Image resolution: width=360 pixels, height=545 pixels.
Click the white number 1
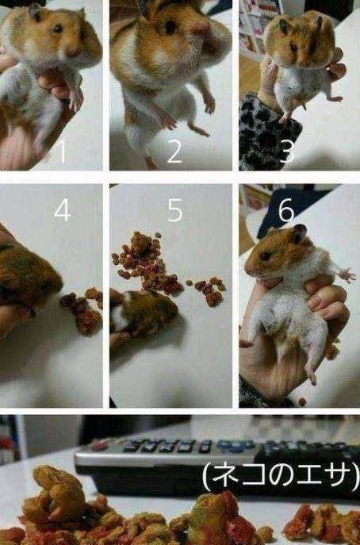[63, 152]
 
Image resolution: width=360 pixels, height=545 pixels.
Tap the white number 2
[174, 152]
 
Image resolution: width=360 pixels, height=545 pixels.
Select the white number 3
[287, 152]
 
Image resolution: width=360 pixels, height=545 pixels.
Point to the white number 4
[62, 211]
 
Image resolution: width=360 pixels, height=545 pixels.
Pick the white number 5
[174, 211]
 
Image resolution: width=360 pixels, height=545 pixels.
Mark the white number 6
[286, 211]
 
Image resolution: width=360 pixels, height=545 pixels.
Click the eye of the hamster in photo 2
[170, 27]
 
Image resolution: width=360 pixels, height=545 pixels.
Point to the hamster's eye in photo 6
[265, 256]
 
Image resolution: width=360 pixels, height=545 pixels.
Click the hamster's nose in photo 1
[73, 52]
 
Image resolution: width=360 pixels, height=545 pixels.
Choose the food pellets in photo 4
[82, 310]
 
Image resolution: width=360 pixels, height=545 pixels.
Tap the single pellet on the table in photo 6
[302, 401]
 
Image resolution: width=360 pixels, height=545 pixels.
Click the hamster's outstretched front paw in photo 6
[347, 275]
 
